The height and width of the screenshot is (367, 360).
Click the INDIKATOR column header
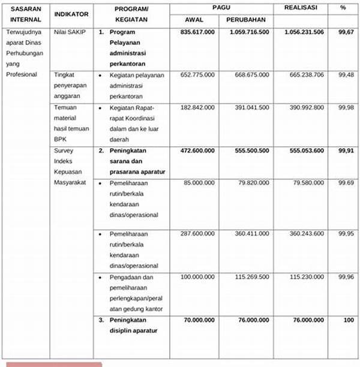71,13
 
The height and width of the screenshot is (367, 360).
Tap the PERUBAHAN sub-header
246,20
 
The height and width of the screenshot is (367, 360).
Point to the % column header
343,8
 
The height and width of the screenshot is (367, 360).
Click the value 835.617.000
197,32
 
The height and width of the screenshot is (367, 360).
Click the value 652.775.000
197,74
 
